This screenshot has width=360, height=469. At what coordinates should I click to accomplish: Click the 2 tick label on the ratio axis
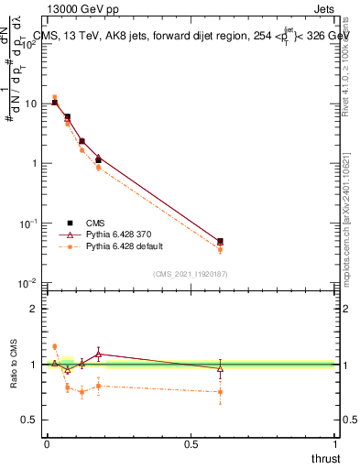(x=34, y=309)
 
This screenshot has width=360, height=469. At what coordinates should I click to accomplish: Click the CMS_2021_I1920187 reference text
(x=190, y=274)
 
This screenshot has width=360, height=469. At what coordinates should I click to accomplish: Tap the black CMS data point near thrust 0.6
(x=220, y=241)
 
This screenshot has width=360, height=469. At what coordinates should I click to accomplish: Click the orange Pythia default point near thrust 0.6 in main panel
(x=220, y=249)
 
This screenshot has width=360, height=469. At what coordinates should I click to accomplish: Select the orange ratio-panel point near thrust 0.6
(x=220, y=392)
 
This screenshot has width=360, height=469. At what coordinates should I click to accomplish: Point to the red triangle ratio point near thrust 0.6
(x=220, y=368)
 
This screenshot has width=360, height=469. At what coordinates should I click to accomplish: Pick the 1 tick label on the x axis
(x=335, y=443)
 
